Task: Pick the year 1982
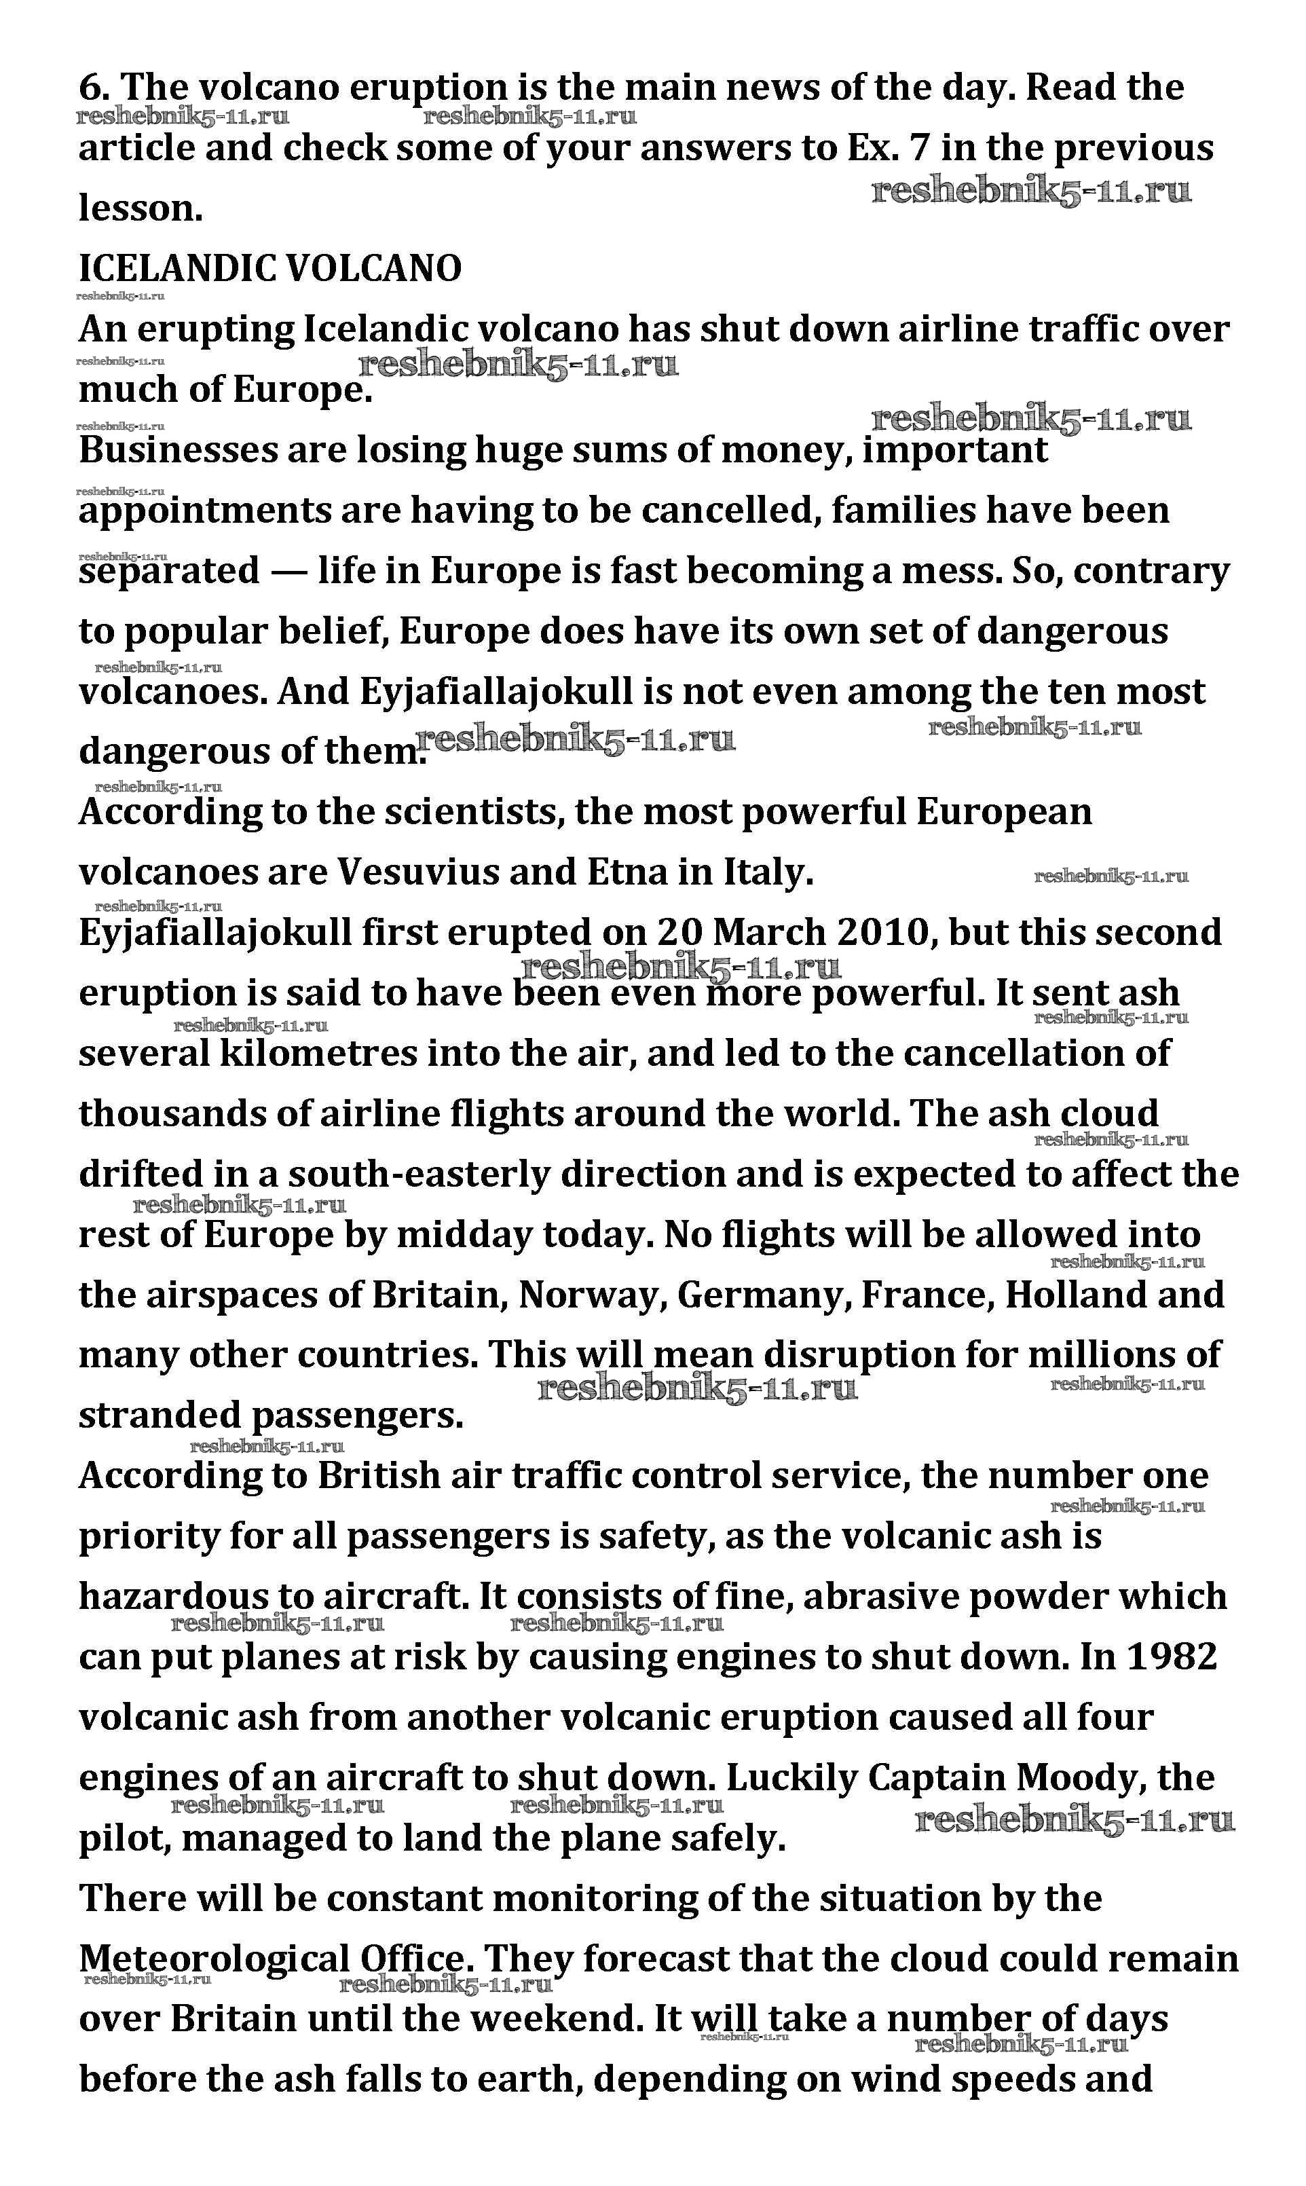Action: [x=1172, y=1657]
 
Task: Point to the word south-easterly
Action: [x=418, y=1175]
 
